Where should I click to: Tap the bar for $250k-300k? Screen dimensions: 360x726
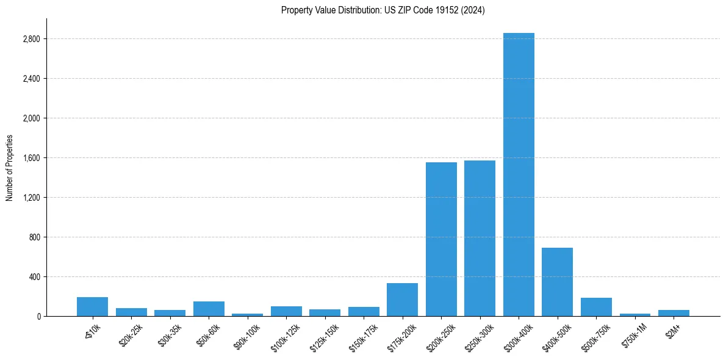[x=480, y=239]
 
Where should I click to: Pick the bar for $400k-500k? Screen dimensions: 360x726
[x=557, y=282]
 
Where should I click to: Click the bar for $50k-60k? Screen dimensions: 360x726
[x=209, y=309]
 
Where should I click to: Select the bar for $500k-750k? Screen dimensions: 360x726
[x=596, y=307]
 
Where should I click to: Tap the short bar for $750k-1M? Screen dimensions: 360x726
[x=634, y=315]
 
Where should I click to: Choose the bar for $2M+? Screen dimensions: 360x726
[x=674, y=313]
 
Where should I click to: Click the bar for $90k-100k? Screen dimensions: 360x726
[x=247, y=315]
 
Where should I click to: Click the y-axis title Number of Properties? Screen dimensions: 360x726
[x=10, y=168]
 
